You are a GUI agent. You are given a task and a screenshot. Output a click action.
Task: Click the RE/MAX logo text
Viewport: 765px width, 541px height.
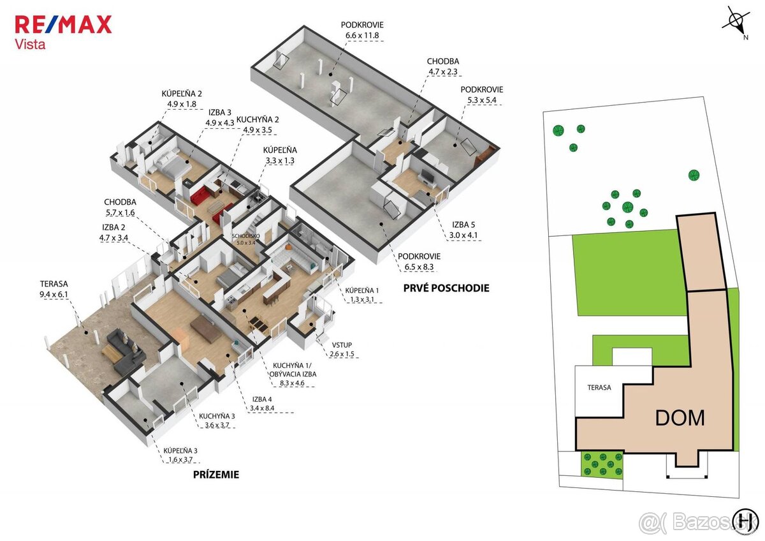[64, 24]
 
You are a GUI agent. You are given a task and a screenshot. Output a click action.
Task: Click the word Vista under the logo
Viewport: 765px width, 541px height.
[30, 45]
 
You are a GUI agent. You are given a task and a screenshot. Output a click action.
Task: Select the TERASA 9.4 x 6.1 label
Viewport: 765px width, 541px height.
[54, 289]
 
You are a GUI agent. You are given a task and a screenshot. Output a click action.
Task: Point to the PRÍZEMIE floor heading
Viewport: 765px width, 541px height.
[216, 475]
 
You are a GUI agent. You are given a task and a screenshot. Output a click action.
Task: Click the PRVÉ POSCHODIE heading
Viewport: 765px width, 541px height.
[446, 288]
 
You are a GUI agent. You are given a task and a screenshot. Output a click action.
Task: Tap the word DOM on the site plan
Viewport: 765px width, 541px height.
[680, 418]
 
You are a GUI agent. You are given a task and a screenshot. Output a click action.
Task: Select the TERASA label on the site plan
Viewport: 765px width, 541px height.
[599, 387]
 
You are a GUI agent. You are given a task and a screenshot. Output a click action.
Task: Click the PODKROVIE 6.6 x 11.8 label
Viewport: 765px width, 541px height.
[362, 30]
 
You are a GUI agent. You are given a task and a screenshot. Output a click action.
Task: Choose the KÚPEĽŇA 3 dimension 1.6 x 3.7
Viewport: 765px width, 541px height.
[180, 460]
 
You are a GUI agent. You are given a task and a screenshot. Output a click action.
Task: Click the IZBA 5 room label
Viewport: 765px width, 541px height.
[463, 225]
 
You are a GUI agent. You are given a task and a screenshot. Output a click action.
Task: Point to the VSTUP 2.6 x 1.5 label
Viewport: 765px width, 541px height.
[342, 349]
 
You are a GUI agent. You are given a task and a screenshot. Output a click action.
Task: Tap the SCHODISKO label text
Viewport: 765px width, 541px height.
[246, 236]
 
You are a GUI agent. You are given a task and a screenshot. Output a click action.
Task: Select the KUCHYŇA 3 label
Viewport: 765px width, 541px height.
[217, 416]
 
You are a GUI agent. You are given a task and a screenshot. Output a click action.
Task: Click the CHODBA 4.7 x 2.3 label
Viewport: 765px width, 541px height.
[443, 66]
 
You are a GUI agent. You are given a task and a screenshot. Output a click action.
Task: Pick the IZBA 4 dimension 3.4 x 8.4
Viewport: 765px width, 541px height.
[262, 408]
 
